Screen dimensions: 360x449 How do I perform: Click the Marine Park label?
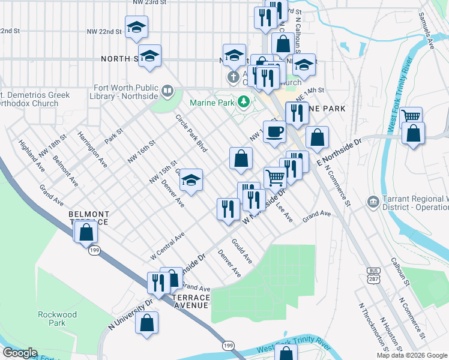(211, 103)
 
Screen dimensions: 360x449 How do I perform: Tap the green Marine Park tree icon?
(243, 102)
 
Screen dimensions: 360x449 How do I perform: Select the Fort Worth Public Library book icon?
(167, 92)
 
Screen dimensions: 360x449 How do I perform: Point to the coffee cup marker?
(275, 132)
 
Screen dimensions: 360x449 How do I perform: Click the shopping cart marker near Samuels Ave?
(411, 117)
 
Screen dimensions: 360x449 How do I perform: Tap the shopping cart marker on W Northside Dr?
(275, 177)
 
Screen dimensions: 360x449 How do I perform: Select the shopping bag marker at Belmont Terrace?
(86, 232)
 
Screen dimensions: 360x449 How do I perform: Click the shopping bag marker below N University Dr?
(147, 323)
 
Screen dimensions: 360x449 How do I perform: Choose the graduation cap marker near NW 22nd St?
(137, 26)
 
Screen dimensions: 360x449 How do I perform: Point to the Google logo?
(20, 353)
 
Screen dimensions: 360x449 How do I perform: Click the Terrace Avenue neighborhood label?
(190, 301)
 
